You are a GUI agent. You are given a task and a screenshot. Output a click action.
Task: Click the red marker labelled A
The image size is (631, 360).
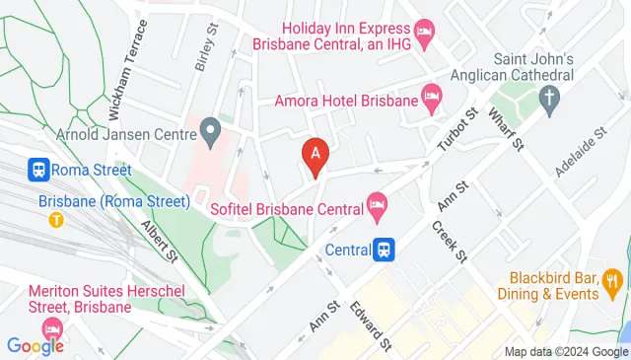tap(315, 156)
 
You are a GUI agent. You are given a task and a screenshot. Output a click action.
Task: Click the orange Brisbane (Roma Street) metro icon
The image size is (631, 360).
tap(56, 219)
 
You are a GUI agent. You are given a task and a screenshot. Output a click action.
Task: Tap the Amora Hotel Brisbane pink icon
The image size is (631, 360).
tap(431, 97)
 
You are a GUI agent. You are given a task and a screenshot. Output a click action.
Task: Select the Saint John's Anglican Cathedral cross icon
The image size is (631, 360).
tap(549, 97)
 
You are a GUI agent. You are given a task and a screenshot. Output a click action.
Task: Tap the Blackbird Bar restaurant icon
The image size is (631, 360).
tap(613, 286)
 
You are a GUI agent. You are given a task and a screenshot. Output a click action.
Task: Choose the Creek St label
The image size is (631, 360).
tap(447, 240)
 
